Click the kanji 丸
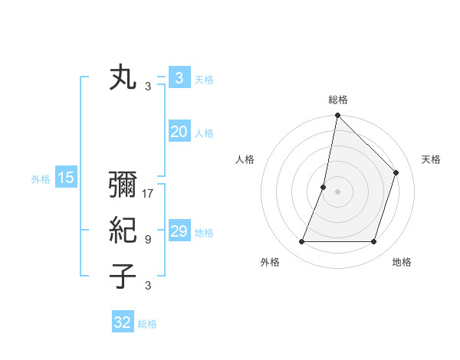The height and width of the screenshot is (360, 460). (x=123, y=79)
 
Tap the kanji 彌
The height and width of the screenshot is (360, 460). (x=123, y=186)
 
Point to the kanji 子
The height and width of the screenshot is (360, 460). (x=123, y=275)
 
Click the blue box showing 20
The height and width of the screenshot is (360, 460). (x=179, y=132)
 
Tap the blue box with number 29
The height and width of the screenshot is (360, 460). (x=179, y=231)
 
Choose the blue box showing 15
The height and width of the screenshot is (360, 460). (x=65, y=178)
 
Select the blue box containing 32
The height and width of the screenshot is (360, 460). (x=122, y=322)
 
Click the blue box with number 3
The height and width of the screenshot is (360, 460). (x=179, y=78)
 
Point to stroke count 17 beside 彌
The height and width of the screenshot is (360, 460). (x=148, y=194)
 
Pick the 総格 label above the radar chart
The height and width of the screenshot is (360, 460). (x=338, y=100)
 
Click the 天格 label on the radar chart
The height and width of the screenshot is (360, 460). (x=431, y=159)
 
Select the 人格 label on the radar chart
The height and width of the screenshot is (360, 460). (x=245, y=159)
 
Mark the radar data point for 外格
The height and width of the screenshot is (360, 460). (x=301, y=242)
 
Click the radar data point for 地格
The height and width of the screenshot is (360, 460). (x=373, y=242)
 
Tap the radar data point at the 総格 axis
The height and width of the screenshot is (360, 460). (x=337, y=116)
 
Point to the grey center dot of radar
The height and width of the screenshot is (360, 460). (x=337, y=191)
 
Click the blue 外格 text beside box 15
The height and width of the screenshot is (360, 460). (x=40, y=179)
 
